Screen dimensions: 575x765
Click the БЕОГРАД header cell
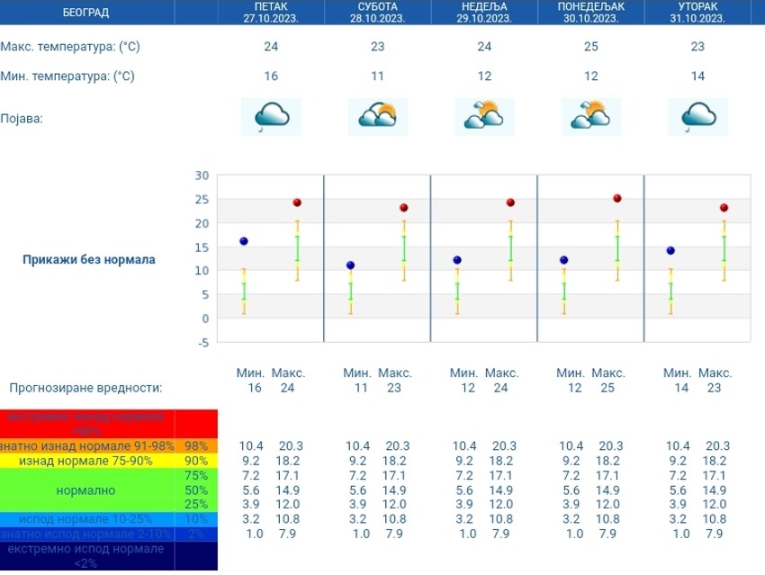86,13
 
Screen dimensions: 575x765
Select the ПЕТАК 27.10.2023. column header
271,13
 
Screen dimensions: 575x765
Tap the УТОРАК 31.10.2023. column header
697,13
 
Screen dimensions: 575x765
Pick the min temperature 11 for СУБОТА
377,76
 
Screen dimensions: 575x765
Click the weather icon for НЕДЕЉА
484,116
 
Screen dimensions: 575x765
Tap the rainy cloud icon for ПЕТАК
271,116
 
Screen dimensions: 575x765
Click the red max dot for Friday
297,202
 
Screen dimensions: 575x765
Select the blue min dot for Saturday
350,265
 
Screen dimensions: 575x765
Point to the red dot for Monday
617,198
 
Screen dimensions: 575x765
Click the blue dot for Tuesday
670,251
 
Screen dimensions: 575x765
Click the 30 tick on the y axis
202,175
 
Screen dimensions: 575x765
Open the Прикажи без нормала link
88,259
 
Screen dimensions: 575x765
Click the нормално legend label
85,491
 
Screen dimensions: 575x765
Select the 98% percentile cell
196,446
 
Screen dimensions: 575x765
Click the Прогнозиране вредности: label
85,388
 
